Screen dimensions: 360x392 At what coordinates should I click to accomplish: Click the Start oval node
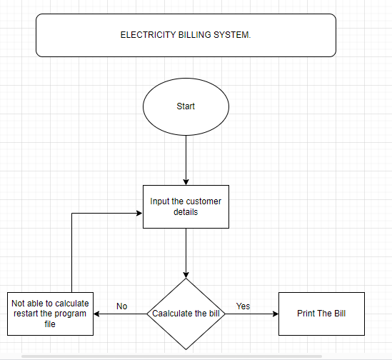[186, 106]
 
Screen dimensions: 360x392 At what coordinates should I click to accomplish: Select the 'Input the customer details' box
[186, 206]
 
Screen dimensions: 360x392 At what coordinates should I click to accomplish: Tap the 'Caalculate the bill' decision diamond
[186, 314]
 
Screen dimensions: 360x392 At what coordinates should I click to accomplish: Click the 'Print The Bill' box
[321, 314]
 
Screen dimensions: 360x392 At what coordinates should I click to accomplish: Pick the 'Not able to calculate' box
[50, 314]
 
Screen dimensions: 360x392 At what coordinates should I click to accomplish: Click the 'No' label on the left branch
[121, 306]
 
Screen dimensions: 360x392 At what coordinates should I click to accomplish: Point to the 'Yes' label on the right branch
[243, 306]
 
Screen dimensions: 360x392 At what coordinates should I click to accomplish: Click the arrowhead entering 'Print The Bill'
[275, 314]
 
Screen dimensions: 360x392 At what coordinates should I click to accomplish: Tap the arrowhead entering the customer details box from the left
[139, 212]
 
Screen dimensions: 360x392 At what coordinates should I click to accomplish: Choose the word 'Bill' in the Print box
[337, 314]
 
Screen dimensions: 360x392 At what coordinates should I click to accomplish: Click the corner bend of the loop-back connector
[72, 212]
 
